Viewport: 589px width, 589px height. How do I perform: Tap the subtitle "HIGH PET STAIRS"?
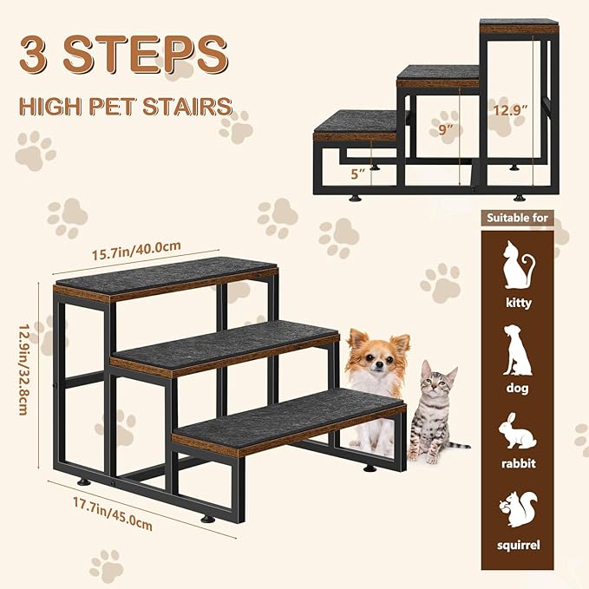point(127,107)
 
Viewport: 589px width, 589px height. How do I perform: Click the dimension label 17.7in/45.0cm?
point(114,513)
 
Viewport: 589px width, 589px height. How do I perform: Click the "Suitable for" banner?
point(517,218)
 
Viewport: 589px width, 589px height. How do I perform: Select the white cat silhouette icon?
point(517,266)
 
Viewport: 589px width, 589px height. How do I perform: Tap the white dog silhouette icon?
point(517,350)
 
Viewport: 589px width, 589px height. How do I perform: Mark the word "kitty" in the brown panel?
point(517,304)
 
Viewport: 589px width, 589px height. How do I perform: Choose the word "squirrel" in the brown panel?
point(517,545)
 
